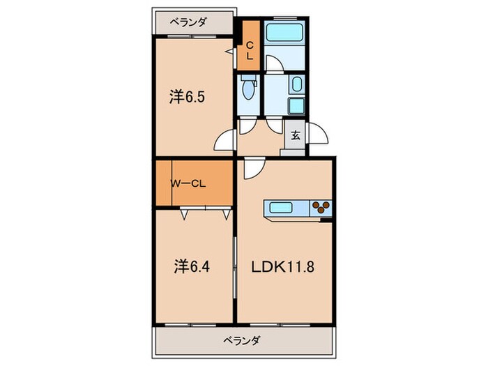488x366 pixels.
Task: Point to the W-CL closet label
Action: pos(188,184)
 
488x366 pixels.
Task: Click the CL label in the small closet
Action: pos(249,51)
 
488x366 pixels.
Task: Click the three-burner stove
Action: pos(321,207)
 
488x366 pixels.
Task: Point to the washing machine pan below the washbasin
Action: pos(295,107)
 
